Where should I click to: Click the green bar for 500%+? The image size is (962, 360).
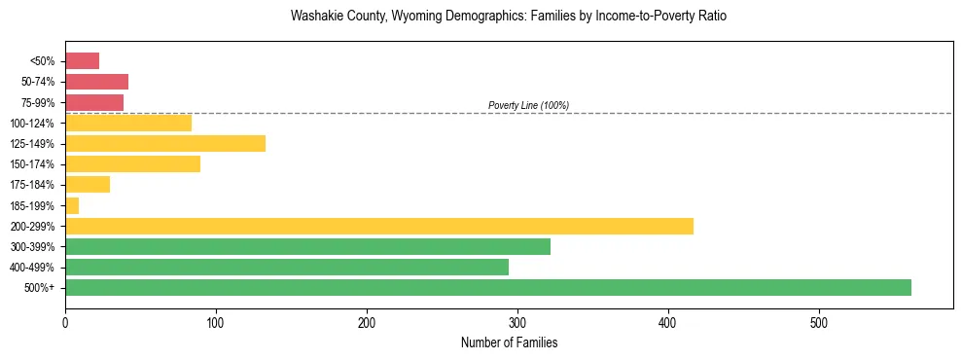click(x=487, y=287)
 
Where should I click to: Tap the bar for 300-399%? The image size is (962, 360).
click(x=307, y=246)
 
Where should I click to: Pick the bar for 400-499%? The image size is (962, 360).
click(x=286, y=267)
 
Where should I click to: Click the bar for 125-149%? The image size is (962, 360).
click(x=164, y=144)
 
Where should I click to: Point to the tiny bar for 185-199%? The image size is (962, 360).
click(x=72, y=205)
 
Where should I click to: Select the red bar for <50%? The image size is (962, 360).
click(x=82, y=61)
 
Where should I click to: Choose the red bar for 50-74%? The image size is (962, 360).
click(x=96, y=82)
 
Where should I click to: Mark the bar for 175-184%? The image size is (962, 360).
click(x=87, y=185)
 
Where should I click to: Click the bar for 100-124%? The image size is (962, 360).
click(x=127, y=124)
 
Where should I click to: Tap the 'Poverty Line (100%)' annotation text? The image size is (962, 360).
click(x=528, y=105)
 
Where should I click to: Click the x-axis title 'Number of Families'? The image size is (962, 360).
click(x=509, y=342)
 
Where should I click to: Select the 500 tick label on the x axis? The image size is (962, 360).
click(x=819, y=322)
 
